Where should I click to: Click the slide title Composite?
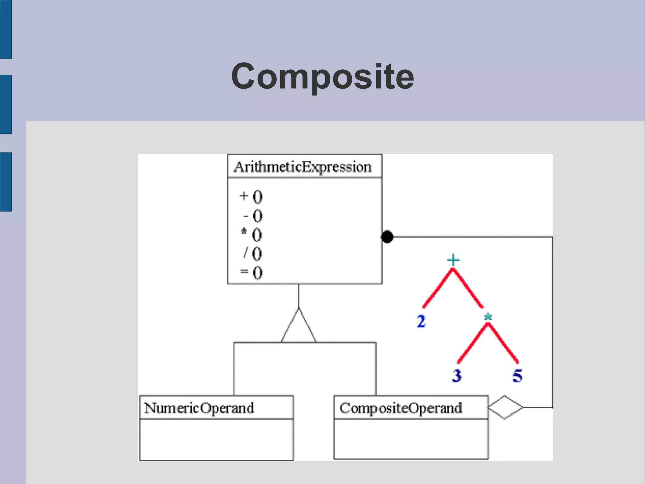click(322, 76)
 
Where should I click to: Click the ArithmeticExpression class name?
click(303, 167)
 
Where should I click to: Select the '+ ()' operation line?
click(251, 197)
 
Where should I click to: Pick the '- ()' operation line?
click(253, 216)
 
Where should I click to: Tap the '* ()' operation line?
click(251, 235)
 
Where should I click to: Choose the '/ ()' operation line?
click(253, 254)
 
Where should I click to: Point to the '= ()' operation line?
click(251, 272)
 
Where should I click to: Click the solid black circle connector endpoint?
click(387, 237)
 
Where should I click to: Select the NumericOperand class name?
click(199, 408)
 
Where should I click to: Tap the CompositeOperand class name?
click(401, 408)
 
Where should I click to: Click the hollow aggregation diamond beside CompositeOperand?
click(505, 407)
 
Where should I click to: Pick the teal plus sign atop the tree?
click(453, 260)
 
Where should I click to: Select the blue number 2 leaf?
click(421, 322)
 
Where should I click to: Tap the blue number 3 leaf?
click(457, 376)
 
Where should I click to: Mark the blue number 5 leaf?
click(517, 376)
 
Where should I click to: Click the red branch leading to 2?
click(438, 289)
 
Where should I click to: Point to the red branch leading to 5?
click(503, 344)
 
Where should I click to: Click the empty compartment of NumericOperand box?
click(216, 440)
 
